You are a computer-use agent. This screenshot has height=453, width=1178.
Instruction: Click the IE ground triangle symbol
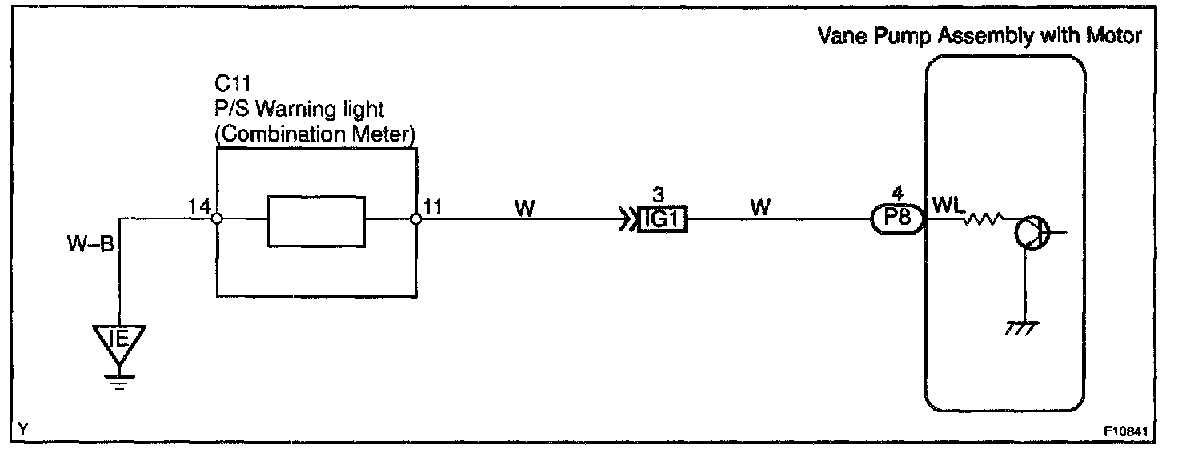click(118, 342)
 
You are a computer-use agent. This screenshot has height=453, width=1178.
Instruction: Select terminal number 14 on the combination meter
click(199, 207)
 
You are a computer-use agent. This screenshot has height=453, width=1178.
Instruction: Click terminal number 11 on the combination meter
click(431, 207)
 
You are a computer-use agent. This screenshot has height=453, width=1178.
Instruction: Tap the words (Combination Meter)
click(315, 134)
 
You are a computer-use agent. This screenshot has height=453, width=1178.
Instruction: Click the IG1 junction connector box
click(663, 218)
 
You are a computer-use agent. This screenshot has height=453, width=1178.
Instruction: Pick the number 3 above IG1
click(659, 195)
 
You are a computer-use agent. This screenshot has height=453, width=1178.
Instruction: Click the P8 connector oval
click(897, 218)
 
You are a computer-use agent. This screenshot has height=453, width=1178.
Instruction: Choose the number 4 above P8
click(896, 195)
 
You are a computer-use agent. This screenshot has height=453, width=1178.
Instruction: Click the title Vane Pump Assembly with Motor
click(980, 36)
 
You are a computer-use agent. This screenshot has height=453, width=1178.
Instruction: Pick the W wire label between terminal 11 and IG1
click(525, 208)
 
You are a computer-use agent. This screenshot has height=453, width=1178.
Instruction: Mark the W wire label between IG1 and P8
click(762, 208)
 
